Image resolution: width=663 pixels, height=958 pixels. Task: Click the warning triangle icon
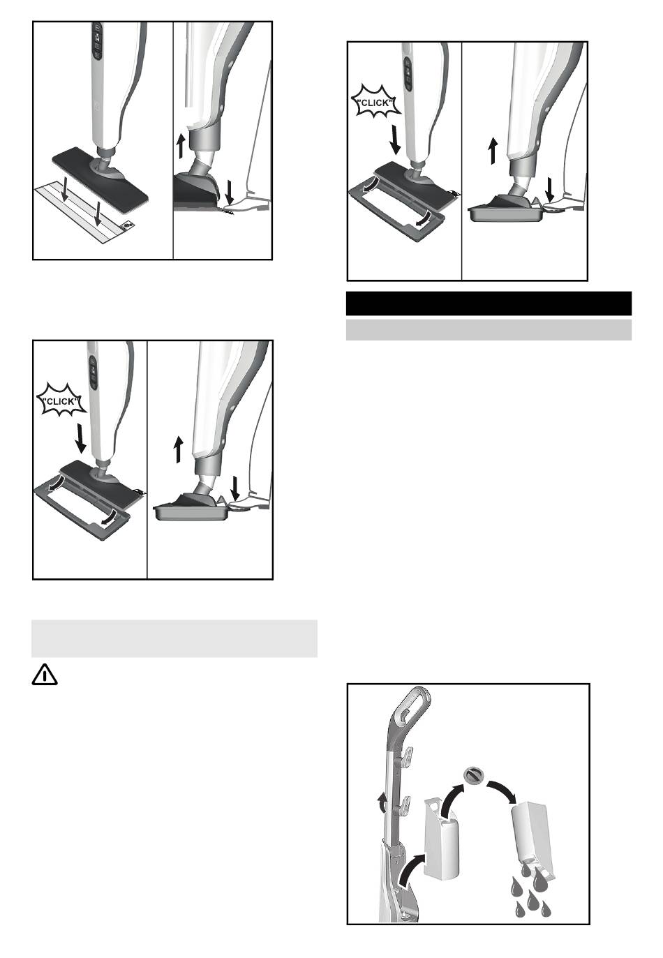45,675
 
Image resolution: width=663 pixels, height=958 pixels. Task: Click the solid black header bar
489,304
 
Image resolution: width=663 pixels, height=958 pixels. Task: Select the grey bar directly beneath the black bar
489,330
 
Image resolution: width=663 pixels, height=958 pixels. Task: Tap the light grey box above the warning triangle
174,638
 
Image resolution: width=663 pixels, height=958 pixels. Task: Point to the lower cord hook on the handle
406,803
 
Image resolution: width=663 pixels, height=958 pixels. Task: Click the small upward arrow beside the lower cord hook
382,803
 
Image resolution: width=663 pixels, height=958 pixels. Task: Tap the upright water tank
442,837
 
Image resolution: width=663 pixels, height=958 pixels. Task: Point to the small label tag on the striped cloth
128,225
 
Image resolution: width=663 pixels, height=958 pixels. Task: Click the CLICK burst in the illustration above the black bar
375,102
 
